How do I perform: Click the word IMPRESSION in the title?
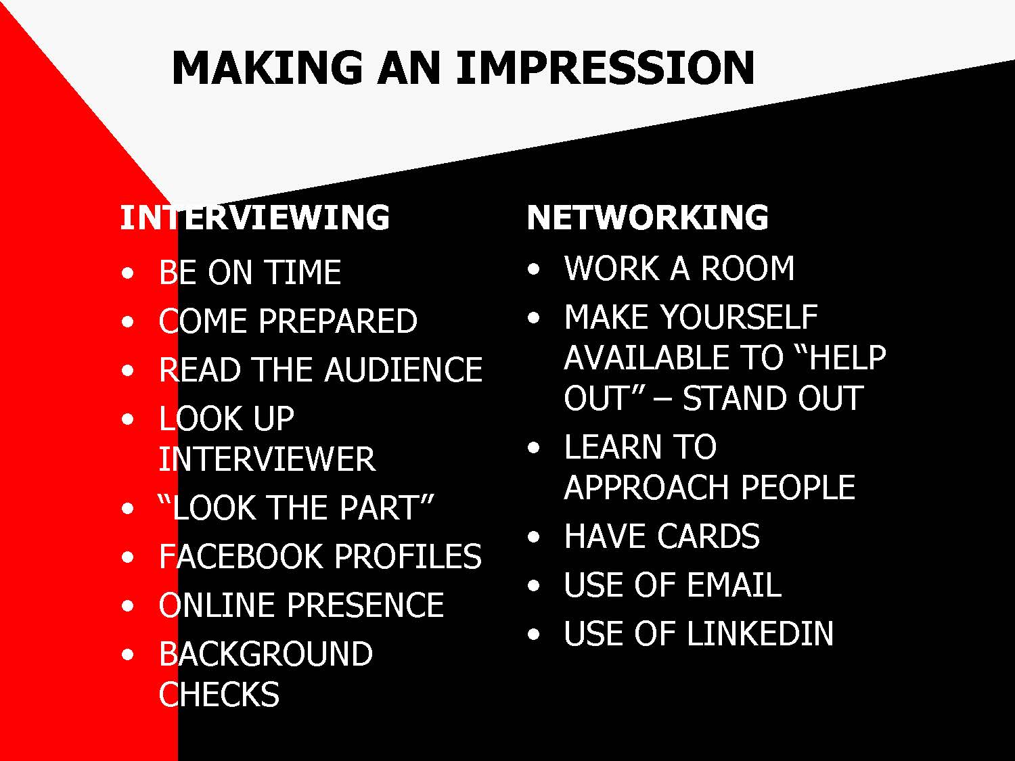pos(606,68)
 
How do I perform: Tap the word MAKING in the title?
pos(267,68)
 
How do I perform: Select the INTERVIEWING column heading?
pos(254,217)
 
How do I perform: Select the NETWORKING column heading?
pos(648,217)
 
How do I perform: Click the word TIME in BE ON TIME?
pos(304,272)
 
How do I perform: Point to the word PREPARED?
pos(338,321)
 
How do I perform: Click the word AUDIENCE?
pos(404,369)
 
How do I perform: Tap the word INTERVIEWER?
pos(267,459)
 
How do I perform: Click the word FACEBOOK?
pos(240,556)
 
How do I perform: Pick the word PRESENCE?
pos(365,605)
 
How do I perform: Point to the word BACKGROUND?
pos(266,654)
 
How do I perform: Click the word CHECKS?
pos(219,694)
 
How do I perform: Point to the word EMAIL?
pos(734,585)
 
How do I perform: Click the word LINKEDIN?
pos(760,633)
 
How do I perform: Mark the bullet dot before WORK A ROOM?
pos(534,269)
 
